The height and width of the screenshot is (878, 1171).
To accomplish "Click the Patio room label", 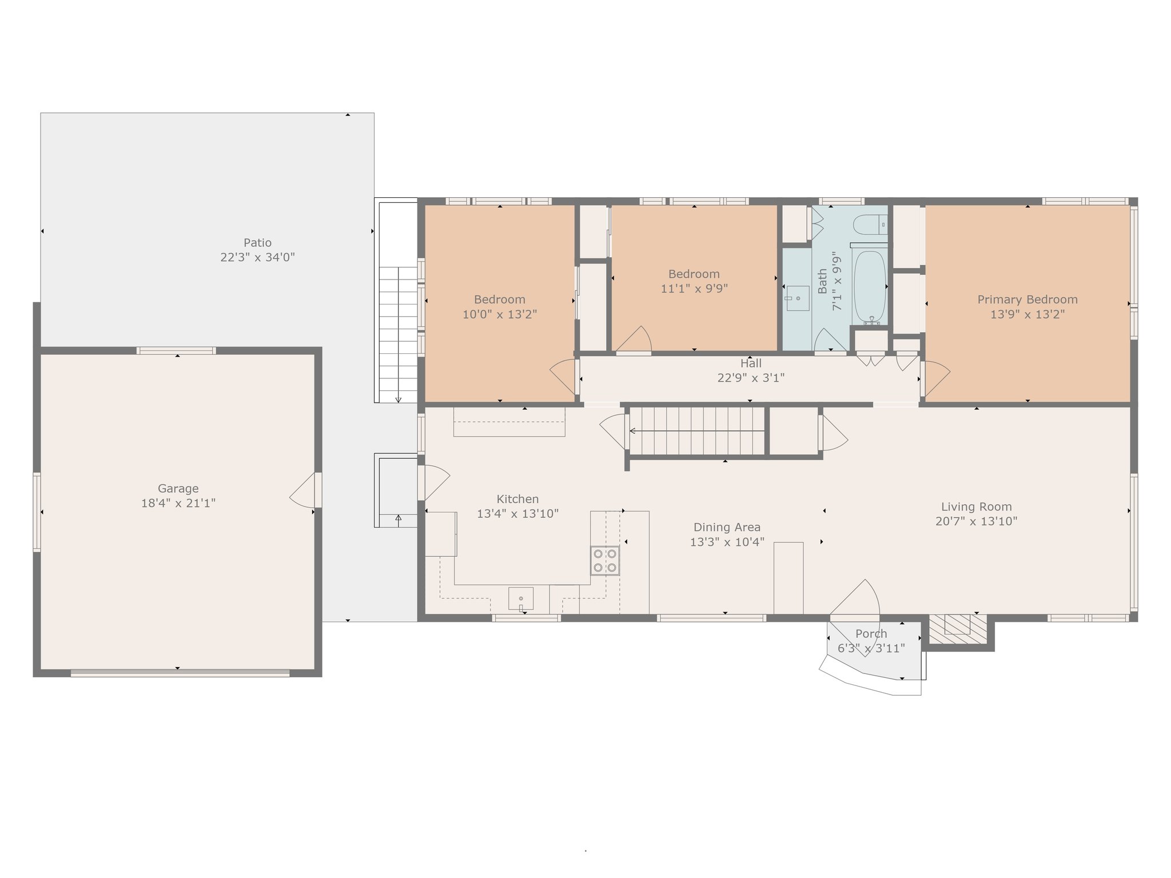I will point(257,242).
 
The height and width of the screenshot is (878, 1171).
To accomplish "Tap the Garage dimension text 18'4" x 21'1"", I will point(178,503).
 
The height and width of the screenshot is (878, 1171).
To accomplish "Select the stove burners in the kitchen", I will point(605,560).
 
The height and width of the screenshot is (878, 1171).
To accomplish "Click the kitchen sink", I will point(521,598).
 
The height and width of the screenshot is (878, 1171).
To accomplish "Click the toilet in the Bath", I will point(869,225).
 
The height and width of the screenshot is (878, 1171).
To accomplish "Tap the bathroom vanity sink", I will point(797,298).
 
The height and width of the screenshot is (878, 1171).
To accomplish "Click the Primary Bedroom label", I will point(1027,300).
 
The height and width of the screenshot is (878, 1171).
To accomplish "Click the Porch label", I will point(871,633).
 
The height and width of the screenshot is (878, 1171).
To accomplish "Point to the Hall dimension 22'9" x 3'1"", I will point(750,378).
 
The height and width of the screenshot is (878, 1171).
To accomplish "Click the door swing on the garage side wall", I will point(303,490).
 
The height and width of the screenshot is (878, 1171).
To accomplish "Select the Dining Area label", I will point(727,527).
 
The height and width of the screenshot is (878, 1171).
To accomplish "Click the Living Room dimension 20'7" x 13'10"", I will point(976,521).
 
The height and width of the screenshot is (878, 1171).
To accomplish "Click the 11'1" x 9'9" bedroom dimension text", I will point(694,289).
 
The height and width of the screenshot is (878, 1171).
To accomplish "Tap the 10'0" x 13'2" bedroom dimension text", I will point(499,314).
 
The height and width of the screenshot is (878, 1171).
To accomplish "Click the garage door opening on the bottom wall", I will point(180,673).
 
